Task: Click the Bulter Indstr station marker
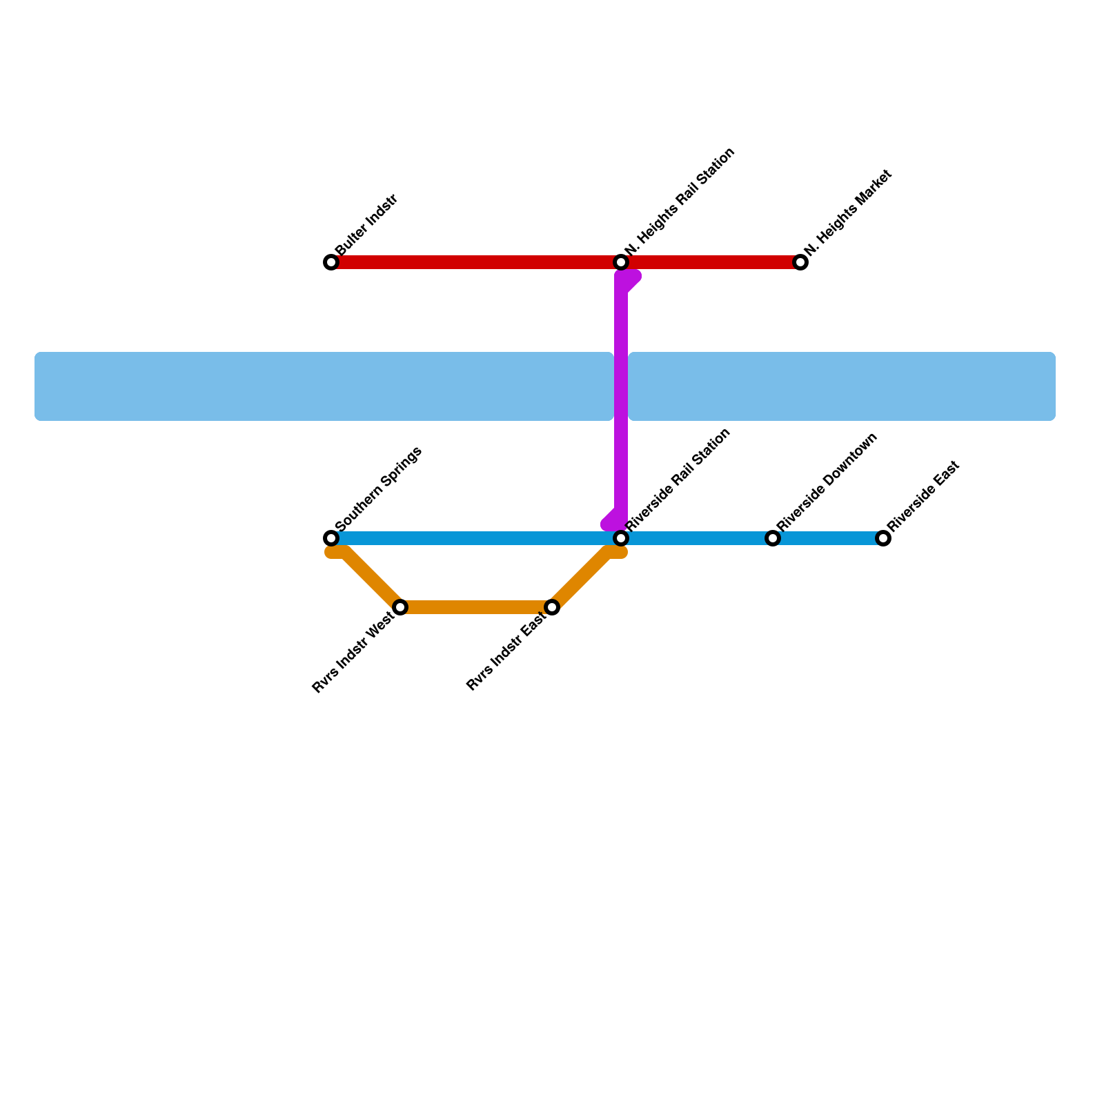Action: tap(331, 262)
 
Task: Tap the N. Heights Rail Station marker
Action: tap(621, 262)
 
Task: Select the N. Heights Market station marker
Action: tap(800, 262)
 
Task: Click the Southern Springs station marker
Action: tap(331, 538)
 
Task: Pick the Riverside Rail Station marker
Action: tap(621, 538)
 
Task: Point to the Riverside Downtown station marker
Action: tap(773, 538)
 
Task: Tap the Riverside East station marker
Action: tap(883, 538)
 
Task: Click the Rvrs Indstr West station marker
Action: tap(400, 607)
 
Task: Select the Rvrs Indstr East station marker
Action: tap(552, 607)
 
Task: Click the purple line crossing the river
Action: tap(621, 386)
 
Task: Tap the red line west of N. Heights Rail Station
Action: tap(476, 262)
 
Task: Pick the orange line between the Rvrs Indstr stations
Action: tap(476, 607)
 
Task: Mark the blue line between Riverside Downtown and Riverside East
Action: tap(828, 538)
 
